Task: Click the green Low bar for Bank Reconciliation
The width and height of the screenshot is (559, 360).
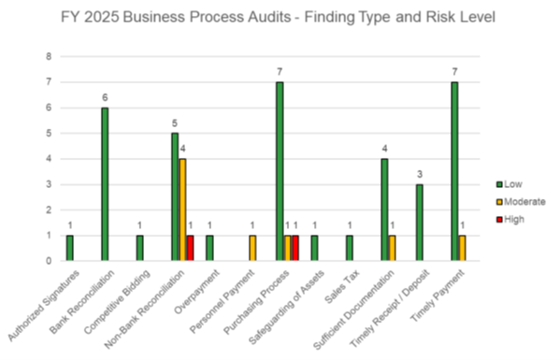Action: pyautogui.click(x=105, y=184)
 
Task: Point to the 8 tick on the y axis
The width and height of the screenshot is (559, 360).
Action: pyautogui.click(x=51, y=56)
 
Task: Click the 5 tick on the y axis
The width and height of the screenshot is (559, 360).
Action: pyautogui.click(x=51, y=133)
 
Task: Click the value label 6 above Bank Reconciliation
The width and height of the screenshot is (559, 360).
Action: pyautogui.click(x=105, y=96)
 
